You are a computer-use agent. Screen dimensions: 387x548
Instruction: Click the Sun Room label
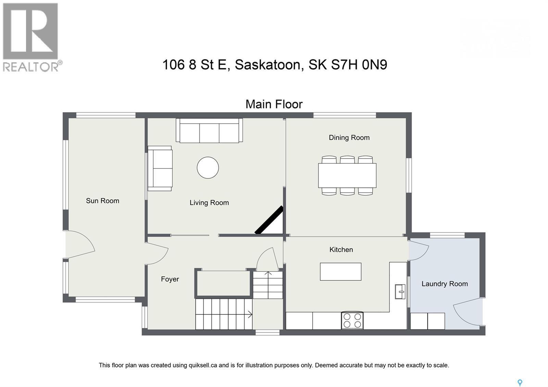[102, 201]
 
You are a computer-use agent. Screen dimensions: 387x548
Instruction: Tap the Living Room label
[209, 202]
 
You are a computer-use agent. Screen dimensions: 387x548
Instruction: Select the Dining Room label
[349, 137]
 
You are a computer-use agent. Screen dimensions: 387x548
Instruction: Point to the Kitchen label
[341, 250]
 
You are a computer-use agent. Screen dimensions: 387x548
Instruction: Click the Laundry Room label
[444, 284]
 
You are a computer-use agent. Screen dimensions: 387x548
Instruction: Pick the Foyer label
[170, 279]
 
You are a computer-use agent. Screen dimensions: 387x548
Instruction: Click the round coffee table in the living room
[208, 168]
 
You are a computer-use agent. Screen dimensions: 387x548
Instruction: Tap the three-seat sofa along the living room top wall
[209, 131]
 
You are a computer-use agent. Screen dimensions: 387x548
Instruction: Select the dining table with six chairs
[347, 175]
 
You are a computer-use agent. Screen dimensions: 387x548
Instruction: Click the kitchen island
[340, 272]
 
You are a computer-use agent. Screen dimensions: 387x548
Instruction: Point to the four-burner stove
[352, 321]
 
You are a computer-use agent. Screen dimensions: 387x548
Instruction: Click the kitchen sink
[400, 291]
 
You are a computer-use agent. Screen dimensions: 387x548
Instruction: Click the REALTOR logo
[31, 37]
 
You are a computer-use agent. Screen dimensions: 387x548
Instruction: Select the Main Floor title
[274, 104]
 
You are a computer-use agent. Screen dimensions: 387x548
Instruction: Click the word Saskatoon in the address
[267, 64]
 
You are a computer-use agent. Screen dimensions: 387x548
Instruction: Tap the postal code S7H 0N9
[359, 64]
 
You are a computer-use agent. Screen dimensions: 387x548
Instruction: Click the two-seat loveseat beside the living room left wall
[160, 168]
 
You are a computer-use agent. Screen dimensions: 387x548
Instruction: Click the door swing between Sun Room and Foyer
[157, 254]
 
